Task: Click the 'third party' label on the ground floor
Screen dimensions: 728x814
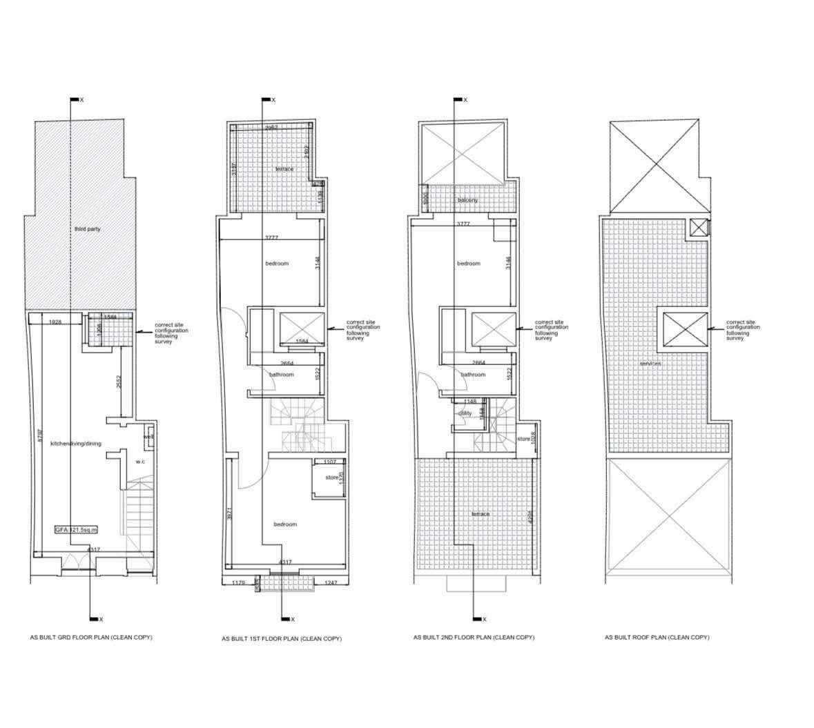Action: pyautogui.click(x=88, y=228)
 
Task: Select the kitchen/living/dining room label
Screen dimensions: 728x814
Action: pyautogui.click(x=76, y=444)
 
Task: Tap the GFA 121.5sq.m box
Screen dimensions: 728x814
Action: pyautogui.click(x=77, y=529)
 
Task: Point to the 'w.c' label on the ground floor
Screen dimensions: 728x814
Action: pyautogui.click(x=139, y=462)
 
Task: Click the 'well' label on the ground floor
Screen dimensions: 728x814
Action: pyautogui.click(x=148, y=437)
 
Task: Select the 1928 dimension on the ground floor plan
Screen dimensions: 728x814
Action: pyautogui.click(x=56, y=322)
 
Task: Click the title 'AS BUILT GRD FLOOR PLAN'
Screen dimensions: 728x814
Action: pyautogui.click(x=90, y=637)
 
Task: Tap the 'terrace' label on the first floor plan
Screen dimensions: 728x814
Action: pyautogui.click(x=284, y=169)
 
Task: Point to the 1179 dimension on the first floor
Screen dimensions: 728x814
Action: pyautogui.click(x=238, y=583)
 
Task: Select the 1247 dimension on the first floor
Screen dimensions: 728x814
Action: pyautogui.click(x=330, y=583)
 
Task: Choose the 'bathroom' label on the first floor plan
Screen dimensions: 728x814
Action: pyautogui.click(x=281, y=375)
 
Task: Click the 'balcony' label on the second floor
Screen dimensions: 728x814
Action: pyautogui.click(x=467, y=200)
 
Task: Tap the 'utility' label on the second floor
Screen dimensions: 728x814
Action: pyautogui.click(x=464, y=413)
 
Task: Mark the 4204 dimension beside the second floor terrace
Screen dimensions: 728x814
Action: pyautogui.click(x=530, y=517)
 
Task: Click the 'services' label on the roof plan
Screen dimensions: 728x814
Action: pyautogui.click(x=650, y=364)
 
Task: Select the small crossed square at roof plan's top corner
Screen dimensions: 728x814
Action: pyautogui.click(x=699, y=228)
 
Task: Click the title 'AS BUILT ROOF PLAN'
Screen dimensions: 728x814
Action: pyautogui.click(x=657, y=638)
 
